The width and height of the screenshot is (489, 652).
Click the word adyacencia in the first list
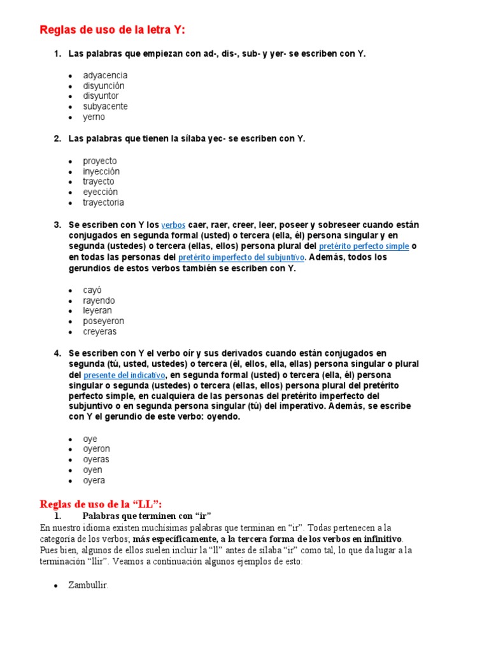[105, 75]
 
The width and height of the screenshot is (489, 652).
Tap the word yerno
[94, 117]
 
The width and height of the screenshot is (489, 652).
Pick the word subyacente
[105, 106]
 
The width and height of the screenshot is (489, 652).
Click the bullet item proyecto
[100, 161]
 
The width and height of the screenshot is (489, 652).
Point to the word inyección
[101, 171]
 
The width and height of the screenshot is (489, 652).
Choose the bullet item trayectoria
[103, 202]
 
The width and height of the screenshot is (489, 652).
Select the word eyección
[100, 192]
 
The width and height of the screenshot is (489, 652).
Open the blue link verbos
[173, 225]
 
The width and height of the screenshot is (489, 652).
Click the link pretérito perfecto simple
[364, 246]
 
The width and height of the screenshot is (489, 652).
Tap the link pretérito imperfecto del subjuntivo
[242, 257]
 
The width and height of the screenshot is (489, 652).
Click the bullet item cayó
[92, 290]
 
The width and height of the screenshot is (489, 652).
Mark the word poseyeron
[103, 321]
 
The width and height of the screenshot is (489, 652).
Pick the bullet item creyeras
[100, 332]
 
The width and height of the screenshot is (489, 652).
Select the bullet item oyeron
[96, 449]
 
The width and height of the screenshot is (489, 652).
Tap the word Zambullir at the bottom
[88, 585]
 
